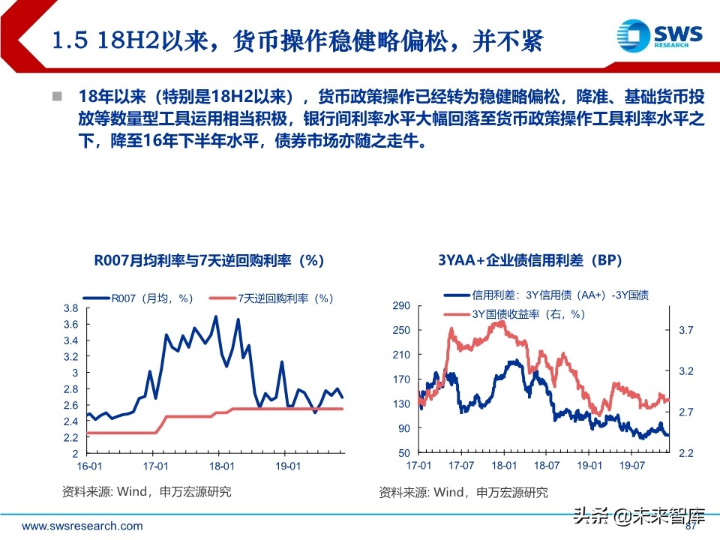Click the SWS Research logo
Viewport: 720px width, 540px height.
click(x=658, y=35)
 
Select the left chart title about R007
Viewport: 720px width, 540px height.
click(x=209, y=260)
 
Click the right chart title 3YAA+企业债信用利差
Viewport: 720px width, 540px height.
click(x=530, y=260)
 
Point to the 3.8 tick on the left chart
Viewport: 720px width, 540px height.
click(x=70, y=308)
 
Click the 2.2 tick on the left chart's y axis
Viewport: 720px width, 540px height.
click(x=70, y=437)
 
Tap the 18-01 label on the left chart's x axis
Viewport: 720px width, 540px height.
click(x=217, y=466)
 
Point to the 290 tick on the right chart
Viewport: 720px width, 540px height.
click(x=401, y=305)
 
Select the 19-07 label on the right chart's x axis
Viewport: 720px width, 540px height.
click(x=633, y=466)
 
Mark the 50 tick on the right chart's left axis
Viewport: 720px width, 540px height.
click(x=403, y=453)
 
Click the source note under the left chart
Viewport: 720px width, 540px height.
click(x=146, y=492)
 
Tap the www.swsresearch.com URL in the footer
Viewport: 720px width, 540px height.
click(x=82, y=526)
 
